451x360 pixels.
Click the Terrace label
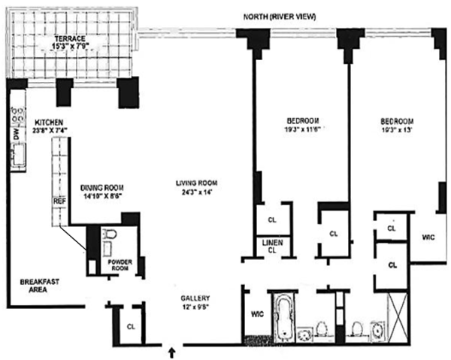coord(70,38)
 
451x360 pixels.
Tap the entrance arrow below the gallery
coord(172,353)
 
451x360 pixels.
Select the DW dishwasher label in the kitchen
coord(16,134)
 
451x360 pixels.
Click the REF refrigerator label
coord(59,201)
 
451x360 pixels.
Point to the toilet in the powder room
coord(110,234)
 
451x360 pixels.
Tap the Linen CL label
coord(272,247)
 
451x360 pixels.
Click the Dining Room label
coord(101,188)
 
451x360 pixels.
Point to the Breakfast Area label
coord(39,286)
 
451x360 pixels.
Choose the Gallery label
coord(195,298)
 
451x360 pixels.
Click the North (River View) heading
coord(280,17)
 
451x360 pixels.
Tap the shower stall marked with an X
coord(398,317)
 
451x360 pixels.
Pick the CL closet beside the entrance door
coord(131,327)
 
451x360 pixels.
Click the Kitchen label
coord(48,123)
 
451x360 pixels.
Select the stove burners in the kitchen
coord(18,115)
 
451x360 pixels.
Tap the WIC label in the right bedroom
coord(428,237)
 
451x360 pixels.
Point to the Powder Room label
coord(120,265)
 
